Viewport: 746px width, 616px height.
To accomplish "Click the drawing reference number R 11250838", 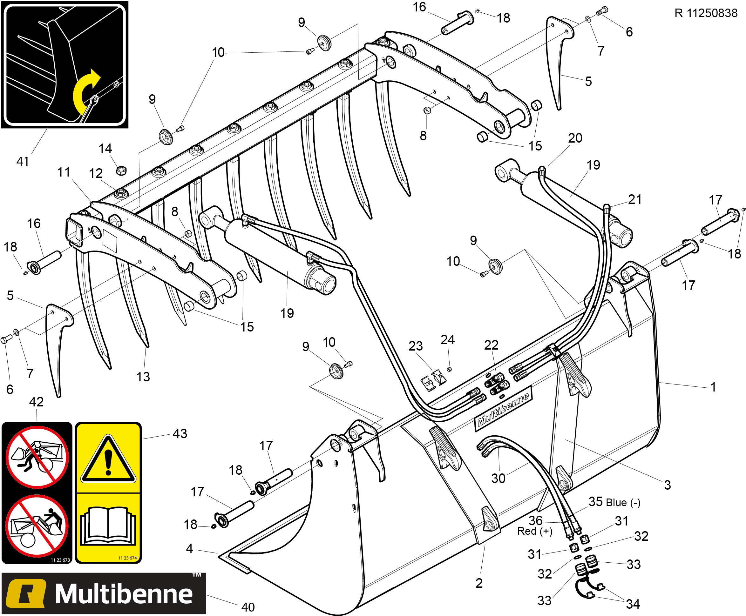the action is (x=706, y=13).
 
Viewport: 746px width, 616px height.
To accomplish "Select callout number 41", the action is (x=23, y=161).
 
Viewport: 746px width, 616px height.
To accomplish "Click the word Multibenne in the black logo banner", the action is (x=124, y=594).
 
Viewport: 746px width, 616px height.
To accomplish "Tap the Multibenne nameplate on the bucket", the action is (x=503, y=410).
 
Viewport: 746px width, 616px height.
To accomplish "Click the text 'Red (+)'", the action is (x=535, y=531).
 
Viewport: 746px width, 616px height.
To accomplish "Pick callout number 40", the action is (x=248, y=607).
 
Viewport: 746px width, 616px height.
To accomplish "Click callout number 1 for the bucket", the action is (x=713, y=387).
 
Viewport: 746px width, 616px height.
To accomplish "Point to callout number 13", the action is (x=143, y=377).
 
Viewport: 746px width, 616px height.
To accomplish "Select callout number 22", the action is (x=492, y=345).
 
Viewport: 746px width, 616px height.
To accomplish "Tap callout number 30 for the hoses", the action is (x=498, y=478).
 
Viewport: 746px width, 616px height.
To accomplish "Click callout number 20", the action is (x=575, y=138).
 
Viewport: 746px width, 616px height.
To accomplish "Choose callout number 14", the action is (x=105, y=148).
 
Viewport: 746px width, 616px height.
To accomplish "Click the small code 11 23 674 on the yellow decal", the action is (x=127, y=558).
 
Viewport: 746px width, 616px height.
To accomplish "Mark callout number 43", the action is (x=180, y=434).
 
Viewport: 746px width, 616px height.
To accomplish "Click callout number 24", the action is (x=448, y=339).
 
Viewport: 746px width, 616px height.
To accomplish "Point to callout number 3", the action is (x=668, y=485).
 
